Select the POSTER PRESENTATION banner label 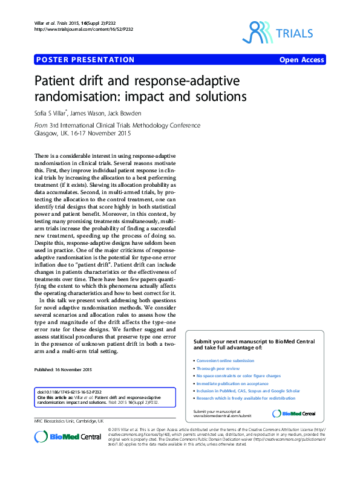[85, 60]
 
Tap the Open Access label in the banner [301, 60]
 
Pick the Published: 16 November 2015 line [63, 369]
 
